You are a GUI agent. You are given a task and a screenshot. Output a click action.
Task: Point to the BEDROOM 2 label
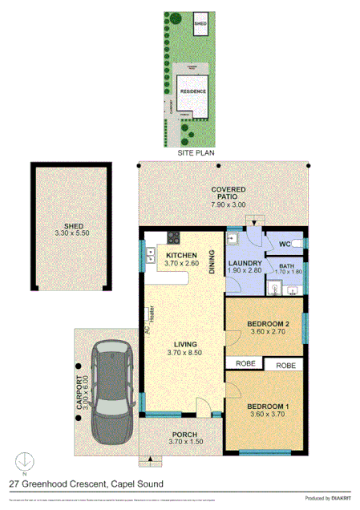(x=265, y=325)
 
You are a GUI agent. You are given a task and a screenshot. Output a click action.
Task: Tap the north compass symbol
(x=26, y=462)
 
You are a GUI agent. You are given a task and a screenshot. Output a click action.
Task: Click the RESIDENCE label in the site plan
(x=193, y=91)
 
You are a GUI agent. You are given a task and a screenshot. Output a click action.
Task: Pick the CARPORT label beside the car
(x=80, y=395)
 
